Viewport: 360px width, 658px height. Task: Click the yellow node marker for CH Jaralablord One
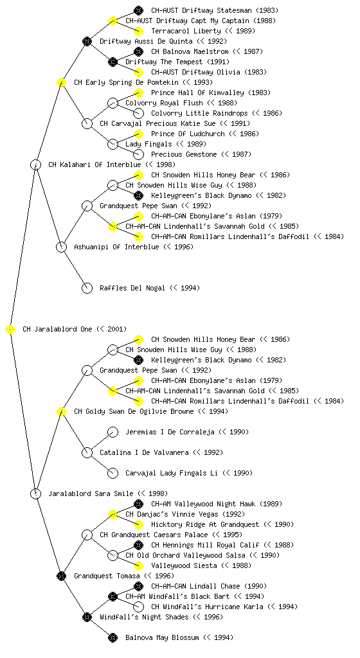[10, 329]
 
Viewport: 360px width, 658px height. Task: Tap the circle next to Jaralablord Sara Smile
[35, 493]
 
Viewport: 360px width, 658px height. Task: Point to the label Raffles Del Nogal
[132, 288]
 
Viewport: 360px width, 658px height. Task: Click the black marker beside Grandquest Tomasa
[61, 576]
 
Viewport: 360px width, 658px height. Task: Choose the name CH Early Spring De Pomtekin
[126, 82]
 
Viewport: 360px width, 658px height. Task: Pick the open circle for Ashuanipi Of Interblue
[61, 247]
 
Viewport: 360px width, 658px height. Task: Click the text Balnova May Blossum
[162, 637]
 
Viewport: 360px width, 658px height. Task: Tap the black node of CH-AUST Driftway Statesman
[138, 10]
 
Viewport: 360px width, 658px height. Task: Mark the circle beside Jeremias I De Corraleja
[113, 432]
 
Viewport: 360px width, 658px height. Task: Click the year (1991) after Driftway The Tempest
[219, 62]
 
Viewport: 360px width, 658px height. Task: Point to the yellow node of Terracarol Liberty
[138, 31]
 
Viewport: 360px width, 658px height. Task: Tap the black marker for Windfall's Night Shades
[87, 617]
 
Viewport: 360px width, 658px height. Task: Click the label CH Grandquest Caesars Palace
[154, 535]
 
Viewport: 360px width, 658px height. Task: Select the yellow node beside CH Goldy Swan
[61, 411]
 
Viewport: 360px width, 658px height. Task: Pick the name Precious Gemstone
[184, 154]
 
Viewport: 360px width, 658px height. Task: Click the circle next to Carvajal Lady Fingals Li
[113, 473]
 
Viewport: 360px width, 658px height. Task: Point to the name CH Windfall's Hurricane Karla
[207, 607]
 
